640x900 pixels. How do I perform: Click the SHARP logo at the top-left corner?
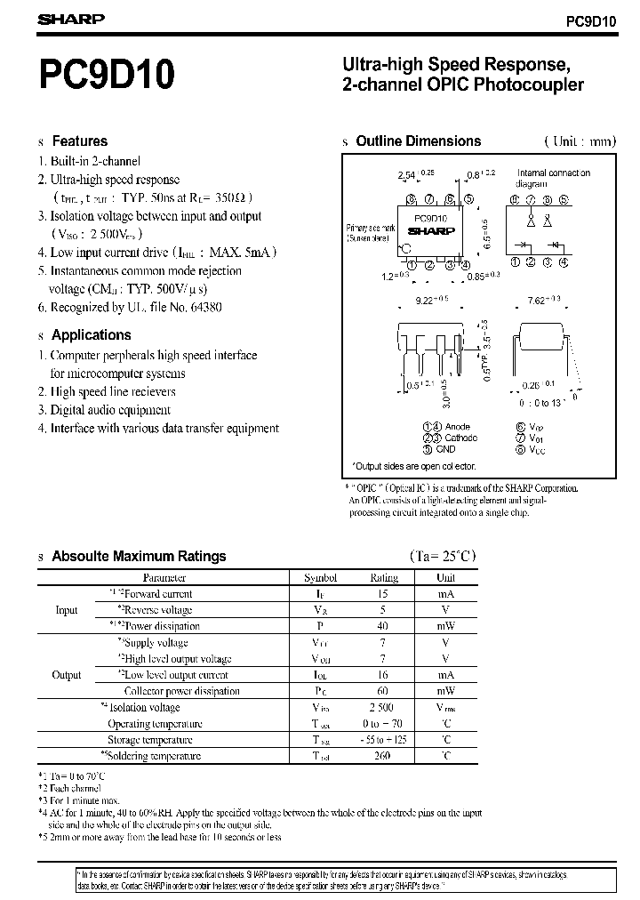(71, 19)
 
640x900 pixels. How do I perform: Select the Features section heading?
(79, 141)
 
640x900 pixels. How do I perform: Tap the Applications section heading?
(91, 335)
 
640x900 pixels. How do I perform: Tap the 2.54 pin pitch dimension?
(406, 175)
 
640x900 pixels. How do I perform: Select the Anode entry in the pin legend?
(457, 427)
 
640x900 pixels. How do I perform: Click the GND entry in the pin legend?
(445, 449)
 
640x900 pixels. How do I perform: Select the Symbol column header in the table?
(321, 577)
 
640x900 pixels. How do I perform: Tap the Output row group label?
(67, 675)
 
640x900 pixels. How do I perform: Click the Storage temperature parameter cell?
(150, 740)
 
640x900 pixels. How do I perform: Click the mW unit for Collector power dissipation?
(446, 691)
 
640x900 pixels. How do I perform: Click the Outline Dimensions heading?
(418, 141)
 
